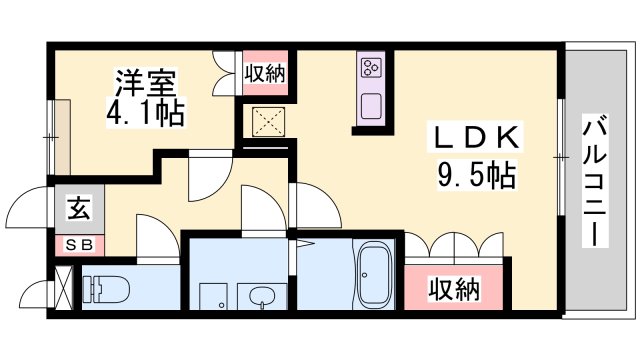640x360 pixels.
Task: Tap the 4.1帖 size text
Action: (x=145, y=113)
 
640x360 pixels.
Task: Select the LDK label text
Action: (x=474, y=137)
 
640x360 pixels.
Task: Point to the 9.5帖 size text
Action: (x=475, y=177)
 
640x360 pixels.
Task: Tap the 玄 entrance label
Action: (x=77, y=210)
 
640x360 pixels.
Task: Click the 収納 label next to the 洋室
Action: (x=265, y=72)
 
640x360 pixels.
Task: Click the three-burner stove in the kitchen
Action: (x=372, y=69)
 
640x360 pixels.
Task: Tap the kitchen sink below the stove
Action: (x=372, y=105)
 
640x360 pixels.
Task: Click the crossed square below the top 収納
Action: (x=264, y=122)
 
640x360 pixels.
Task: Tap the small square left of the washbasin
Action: (x=212, y=298)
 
